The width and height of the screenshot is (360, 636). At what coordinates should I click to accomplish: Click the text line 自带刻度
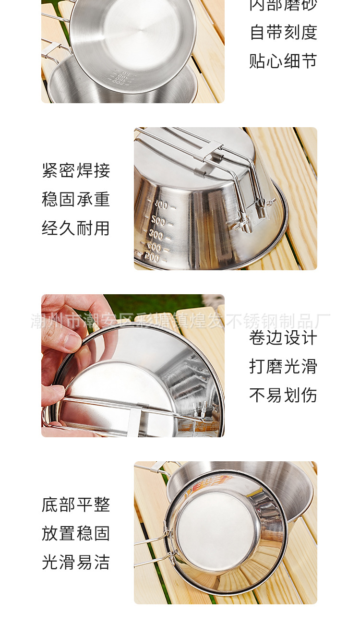click(x=283, y=33)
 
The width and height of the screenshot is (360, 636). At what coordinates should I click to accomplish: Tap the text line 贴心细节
click(x=283, y=61)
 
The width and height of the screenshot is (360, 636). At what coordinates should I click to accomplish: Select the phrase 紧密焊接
click(x=76, y=170)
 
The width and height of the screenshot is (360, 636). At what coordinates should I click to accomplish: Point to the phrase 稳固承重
click(x=76, y=199)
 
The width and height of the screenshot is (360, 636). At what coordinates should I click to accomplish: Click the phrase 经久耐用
click(x=76, y=228)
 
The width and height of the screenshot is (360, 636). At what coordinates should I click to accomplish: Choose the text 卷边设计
click(x=283, y=338)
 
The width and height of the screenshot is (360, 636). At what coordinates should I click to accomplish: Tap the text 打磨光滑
click(x=283, y=367)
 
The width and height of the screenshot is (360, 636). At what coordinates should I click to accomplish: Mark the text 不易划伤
click(x=283, y=396)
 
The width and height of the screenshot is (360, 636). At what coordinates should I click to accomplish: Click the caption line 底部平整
click(x=76, y=504)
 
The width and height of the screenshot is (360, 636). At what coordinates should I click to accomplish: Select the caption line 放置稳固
click(x=76, y=533)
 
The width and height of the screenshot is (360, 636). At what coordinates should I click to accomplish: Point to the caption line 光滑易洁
click(x=76, y=562)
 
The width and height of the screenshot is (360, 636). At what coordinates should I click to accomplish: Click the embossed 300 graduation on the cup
click(x=156, y=235)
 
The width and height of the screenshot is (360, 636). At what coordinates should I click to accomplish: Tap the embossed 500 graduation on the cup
click(x=158, y=221)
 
